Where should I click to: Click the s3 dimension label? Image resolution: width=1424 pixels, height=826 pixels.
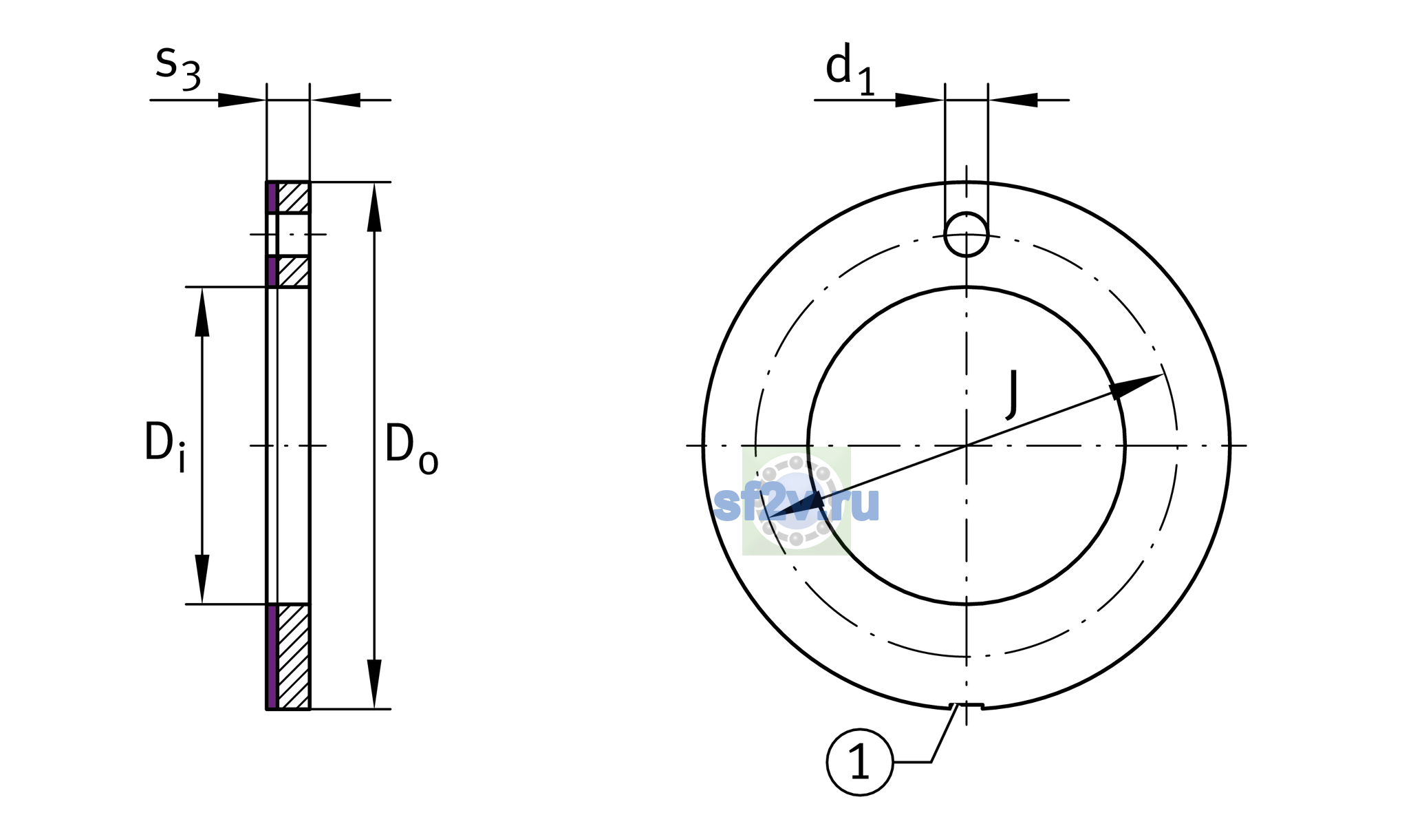178,67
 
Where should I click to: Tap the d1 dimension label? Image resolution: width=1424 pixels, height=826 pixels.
850,69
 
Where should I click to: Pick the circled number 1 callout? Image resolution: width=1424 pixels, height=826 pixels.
860,762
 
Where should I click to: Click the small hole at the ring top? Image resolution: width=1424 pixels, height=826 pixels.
967,234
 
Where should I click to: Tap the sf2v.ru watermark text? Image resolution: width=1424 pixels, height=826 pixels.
797,504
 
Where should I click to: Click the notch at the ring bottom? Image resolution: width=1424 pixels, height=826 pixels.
966,706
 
